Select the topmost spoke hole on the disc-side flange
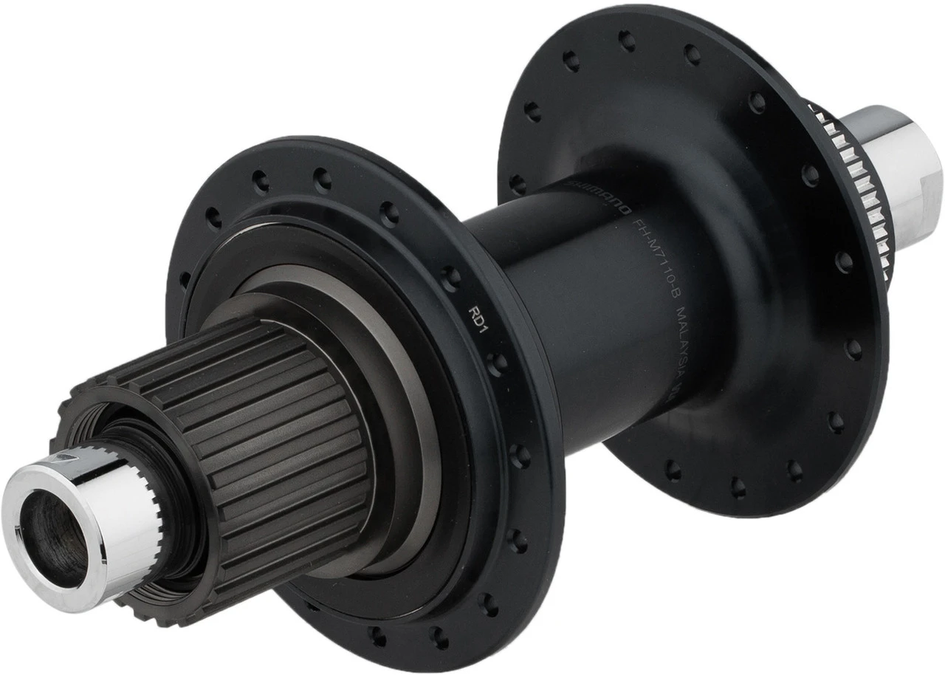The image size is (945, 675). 627,41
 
